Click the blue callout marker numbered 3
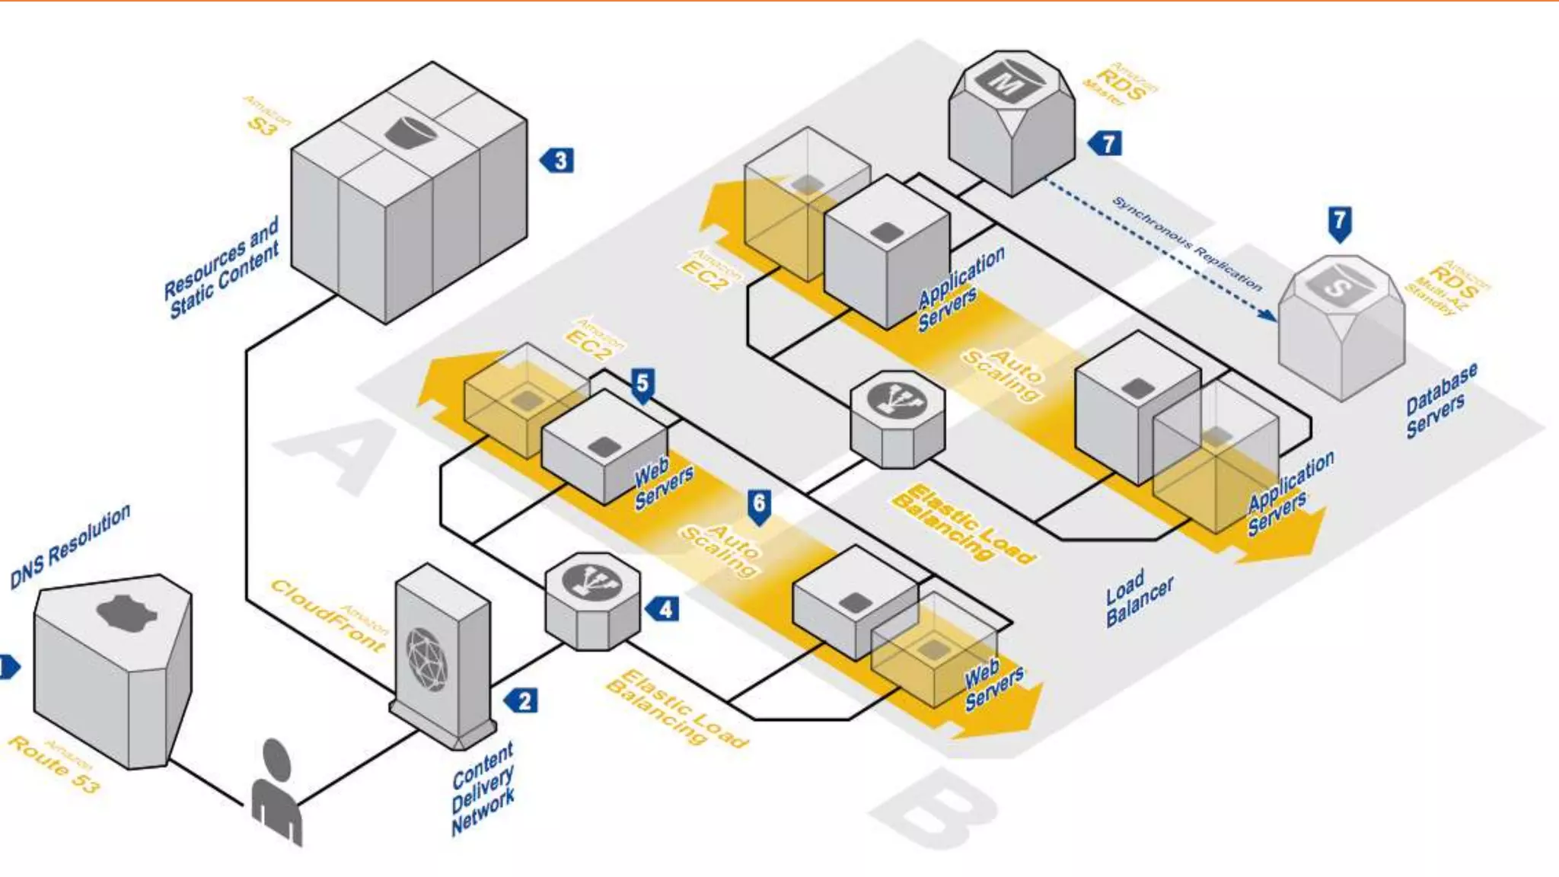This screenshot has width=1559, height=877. (x=559, y=161)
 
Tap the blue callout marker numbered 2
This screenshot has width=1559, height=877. (x=522, y=700)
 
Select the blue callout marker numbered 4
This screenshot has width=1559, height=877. (x=664, y=609)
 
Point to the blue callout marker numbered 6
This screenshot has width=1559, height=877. (x=759, y=505)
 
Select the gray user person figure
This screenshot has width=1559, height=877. (x=276, y=792)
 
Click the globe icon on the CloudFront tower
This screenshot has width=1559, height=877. (x=426, y=659)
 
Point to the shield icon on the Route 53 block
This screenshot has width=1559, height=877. (x=126, y=614)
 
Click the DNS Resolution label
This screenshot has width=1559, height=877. (x=70, y=546)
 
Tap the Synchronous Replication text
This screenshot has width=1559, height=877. (x=1187, y=244)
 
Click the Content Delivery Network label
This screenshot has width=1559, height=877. (x=483, y=789)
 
